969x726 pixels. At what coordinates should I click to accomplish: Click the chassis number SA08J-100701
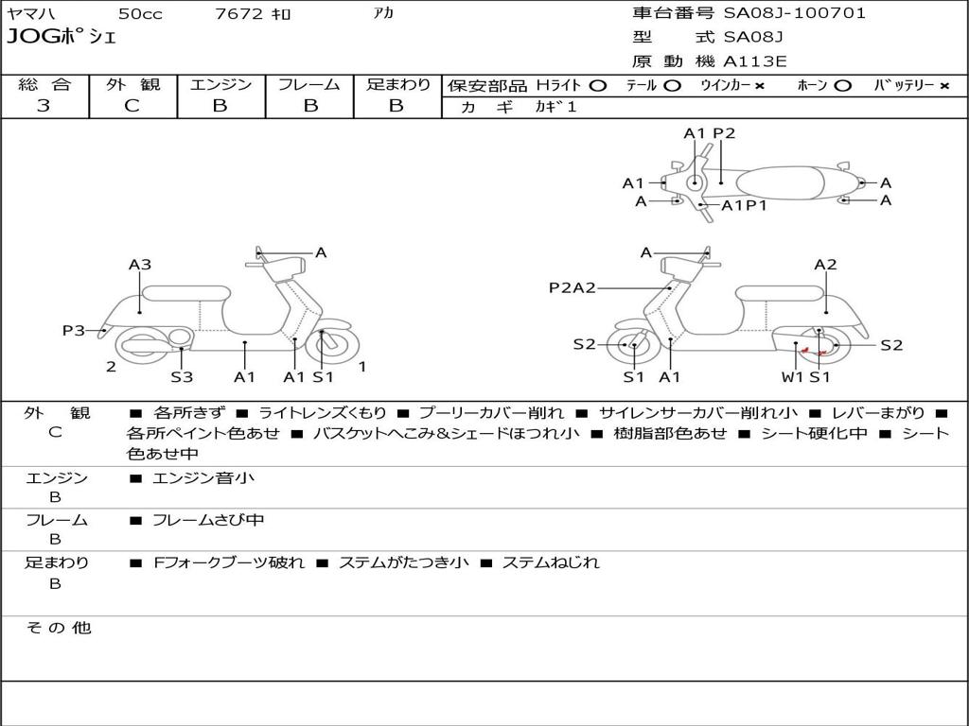(x=794, y=13)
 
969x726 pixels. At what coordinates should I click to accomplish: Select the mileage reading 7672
(x=239, y=14)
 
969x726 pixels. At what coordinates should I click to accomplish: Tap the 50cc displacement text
(x=138, y=14)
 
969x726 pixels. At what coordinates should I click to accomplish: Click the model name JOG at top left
(x=32, y=38)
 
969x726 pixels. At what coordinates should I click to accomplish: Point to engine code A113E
(x=755, y=62)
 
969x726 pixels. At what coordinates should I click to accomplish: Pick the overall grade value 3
(x=44, y=106)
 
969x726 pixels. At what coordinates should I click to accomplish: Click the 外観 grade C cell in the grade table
(x=132, y=106)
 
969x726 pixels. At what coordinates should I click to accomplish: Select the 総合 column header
(x=44, y=84)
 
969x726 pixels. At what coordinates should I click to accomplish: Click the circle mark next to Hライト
(x=597, y=85)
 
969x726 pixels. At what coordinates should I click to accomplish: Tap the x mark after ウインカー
(x=759, y=85)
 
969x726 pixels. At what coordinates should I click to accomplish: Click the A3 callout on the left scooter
(x=140, y=265)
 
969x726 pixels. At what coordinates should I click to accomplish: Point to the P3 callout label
(x=74, y=330)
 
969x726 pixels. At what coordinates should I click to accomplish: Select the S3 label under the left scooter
(x=182, y=377)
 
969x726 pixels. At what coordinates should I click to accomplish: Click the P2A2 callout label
(x=573, y=287)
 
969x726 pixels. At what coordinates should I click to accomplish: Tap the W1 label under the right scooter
(x=792, y=377)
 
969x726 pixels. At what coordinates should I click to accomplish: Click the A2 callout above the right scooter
(x=825, y=265)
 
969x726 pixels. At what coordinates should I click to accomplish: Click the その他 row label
(x=58, y=628)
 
